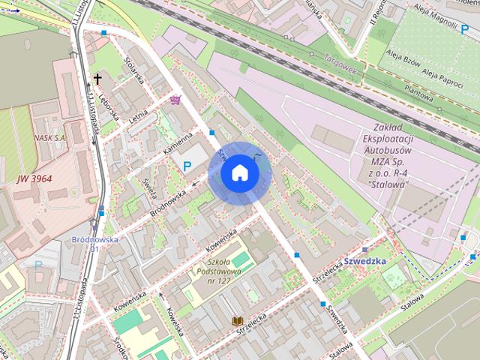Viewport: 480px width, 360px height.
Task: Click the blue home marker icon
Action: point(240,173)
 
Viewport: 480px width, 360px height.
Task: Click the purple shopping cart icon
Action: point(175,100)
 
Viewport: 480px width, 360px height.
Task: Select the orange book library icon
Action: point(237,321)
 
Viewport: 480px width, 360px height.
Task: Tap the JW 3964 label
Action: point(34,178)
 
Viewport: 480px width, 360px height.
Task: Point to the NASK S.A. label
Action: point(49,138)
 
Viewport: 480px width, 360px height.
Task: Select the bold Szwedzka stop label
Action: point(365,260)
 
